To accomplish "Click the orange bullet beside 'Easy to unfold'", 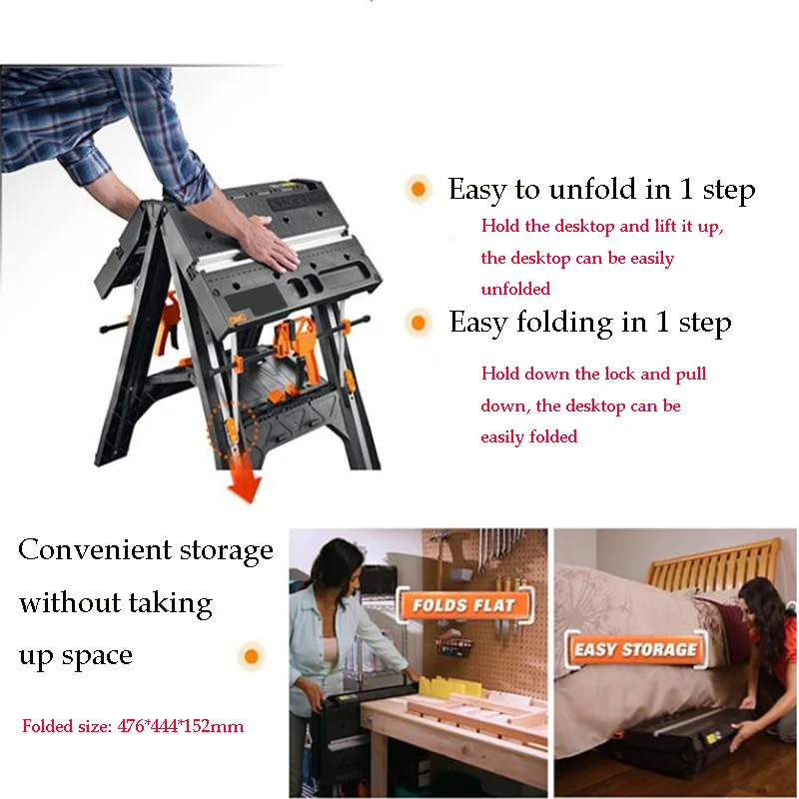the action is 418,189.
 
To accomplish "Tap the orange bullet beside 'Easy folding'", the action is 418,323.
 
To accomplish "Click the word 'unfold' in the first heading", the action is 592,189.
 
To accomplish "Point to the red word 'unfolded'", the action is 515,289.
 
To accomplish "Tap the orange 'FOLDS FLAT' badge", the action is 464,605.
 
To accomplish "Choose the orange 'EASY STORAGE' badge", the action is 636,649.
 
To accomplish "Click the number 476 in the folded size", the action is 131,726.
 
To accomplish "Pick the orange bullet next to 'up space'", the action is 252,656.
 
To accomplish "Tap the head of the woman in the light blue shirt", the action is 337,564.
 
